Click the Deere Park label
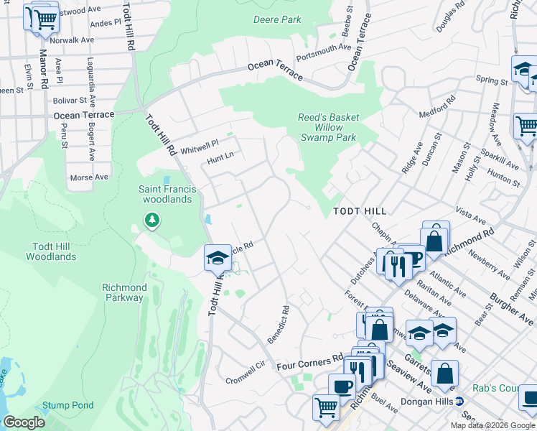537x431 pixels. click(277, 19)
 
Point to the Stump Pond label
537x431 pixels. click(67, 405)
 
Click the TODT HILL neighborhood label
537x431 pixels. click(360, 211)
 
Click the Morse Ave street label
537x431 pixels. click(89, 177)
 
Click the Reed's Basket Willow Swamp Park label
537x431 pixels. click(328, 127)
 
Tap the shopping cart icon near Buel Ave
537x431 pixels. click(326, 407)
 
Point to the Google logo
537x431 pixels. click(24, 422)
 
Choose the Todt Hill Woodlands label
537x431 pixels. click(55, 251)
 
